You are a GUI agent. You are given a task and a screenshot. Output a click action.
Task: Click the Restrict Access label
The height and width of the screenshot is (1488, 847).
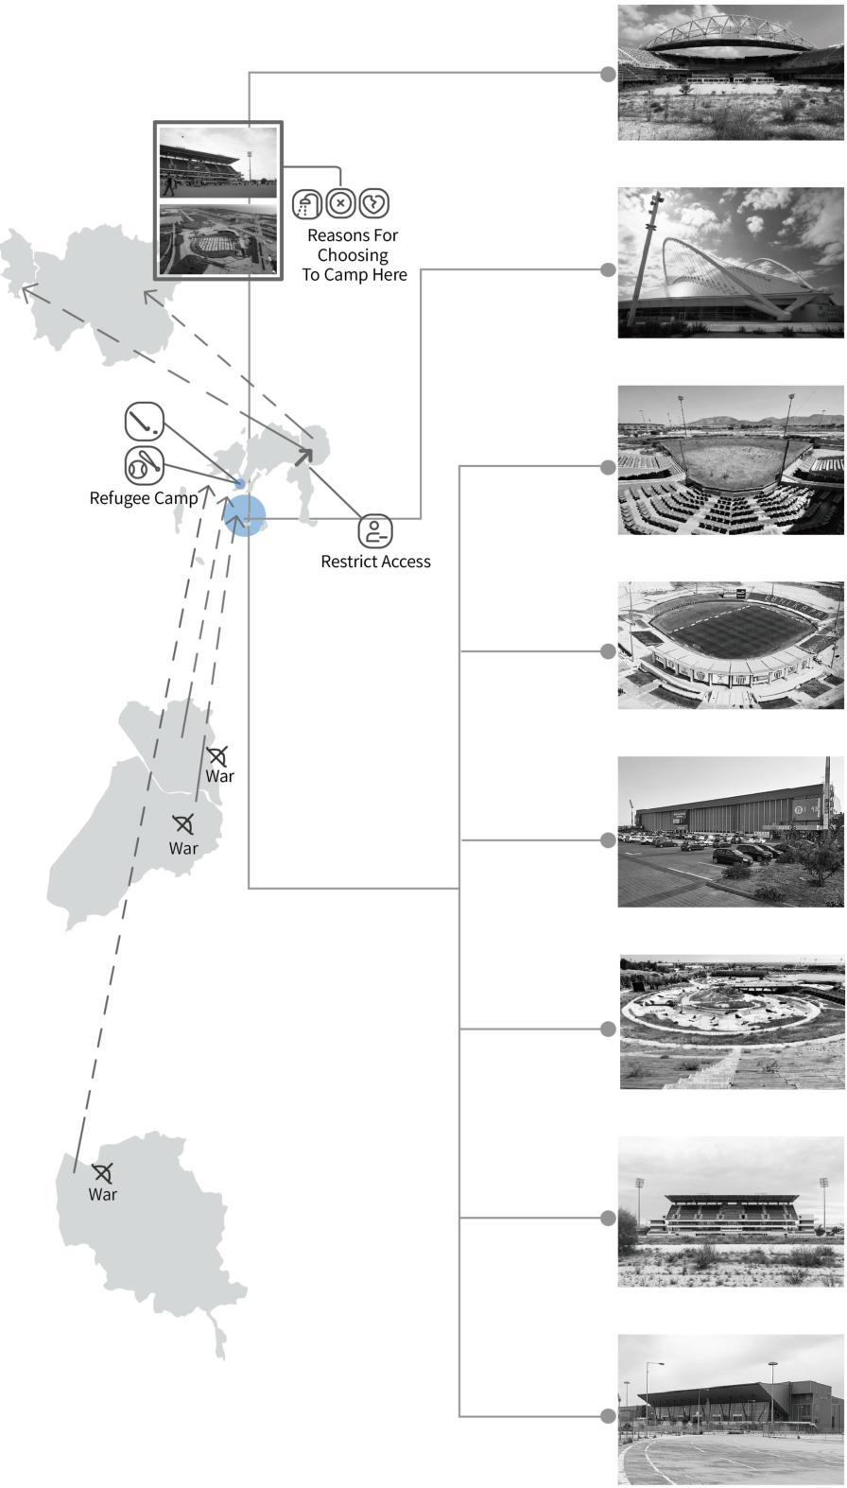375,562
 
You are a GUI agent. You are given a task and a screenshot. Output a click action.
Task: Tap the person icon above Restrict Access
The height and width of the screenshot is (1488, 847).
375,530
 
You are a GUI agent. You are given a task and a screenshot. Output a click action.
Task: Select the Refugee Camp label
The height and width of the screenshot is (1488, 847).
144,498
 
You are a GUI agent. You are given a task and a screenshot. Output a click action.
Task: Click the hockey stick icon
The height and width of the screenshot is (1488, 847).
145,421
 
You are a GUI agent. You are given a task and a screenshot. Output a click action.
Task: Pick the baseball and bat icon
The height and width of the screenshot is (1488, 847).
144,465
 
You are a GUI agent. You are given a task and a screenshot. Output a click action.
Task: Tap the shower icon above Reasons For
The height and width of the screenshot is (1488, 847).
307,203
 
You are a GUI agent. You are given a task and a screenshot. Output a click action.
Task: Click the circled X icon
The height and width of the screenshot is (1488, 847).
341,203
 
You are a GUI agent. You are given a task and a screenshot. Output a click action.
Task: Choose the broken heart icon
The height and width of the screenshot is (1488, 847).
374,203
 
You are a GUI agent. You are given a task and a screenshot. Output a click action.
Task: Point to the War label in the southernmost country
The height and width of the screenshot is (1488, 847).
103,1195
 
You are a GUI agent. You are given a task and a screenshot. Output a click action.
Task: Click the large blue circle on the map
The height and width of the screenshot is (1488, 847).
245,516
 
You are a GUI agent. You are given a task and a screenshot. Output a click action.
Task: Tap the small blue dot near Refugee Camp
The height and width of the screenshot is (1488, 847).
239,484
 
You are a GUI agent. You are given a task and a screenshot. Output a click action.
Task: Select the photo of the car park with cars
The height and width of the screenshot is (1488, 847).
731,832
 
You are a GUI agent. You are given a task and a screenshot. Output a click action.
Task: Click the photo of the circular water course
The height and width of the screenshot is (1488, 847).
732,1022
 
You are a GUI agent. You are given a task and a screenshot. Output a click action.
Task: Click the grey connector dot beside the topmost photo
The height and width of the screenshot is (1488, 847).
609,74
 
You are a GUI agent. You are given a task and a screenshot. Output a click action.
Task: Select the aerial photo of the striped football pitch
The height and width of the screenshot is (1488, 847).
731,646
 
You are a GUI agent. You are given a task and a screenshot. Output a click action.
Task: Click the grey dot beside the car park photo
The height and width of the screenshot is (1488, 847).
609,839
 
